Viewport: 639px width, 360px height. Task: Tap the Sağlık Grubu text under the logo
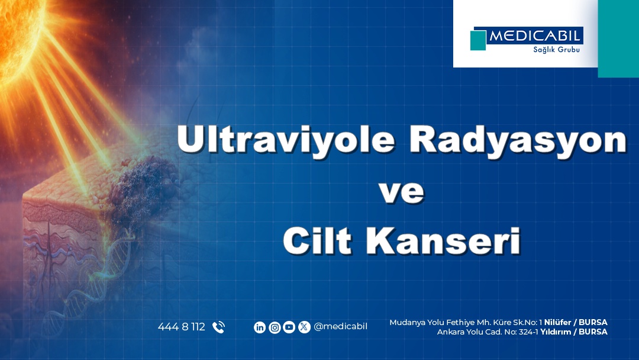553,50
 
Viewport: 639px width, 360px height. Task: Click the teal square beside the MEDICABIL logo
478,40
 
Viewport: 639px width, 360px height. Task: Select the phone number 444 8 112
181,327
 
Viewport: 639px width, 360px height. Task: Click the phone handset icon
218,327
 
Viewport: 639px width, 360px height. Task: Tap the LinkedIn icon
260,327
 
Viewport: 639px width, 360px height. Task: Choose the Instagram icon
275,327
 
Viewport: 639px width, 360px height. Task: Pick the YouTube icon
289,327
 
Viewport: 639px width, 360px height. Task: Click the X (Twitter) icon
304,327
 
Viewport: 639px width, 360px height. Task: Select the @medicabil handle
341,327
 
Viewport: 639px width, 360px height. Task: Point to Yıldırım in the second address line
557,332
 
